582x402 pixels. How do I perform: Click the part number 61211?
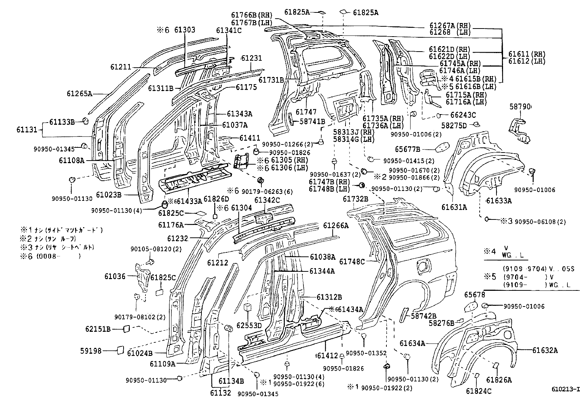pos(121,67)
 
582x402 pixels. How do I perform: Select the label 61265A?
pos(79,93)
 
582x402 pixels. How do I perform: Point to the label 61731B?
pos(271,79)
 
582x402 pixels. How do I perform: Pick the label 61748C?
pos(352,261)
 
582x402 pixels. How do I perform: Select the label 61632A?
pos(545,350)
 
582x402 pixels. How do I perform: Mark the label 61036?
pos(115,276)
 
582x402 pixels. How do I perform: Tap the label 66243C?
pos(463,115)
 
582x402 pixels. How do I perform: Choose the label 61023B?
pos(108,194)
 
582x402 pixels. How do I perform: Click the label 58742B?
pos(423,316)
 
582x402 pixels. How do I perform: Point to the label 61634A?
pos(412,343)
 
